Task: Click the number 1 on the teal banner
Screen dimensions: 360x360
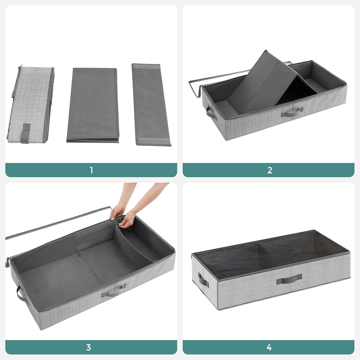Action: (x=91, y=170)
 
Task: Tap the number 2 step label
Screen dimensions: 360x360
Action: (x=270, y=170)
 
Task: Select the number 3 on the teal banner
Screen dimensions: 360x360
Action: (x=88, y=347)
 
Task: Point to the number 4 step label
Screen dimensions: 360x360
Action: (x=269, y=347)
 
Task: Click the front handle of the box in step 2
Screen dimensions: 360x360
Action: (x=292, y=113)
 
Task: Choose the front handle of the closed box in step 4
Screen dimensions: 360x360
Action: (x=289, y=279)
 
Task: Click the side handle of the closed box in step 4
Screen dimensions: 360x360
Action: (x=203, y=280)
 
